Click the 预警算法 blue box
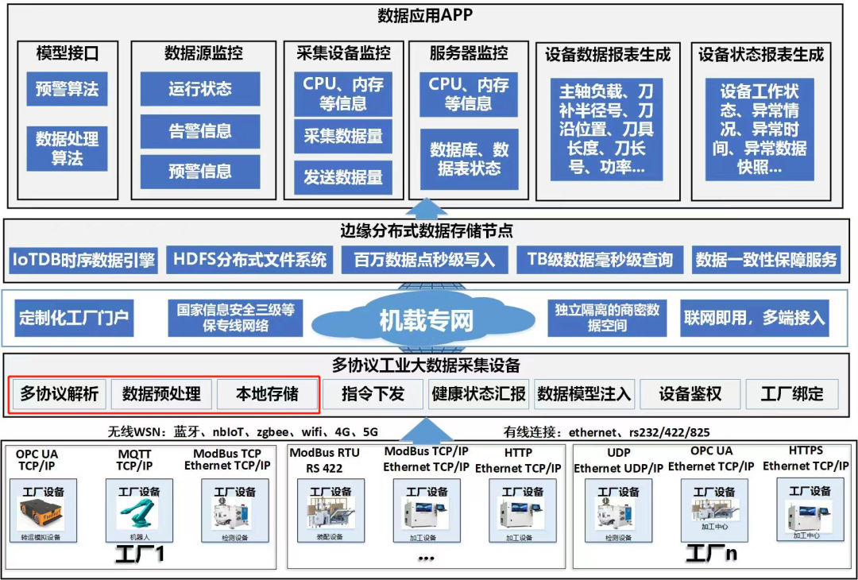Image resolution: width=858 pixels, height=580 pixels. click(x=67, y=89)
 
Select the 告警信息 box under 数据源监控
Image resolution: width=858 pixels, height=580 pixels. click(x=200, y=131)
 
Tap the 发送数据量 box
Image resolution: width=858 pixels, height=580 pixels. click(x=343, y=177)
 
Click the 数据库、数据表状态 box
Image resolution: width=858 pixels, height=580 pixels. click(x=469, y=159)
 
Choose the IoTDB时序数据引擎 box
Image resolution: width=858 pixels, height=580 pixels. click(x=83, y=259)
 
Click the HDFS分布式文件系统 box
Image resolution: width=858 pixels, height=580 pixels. click(x=250, y=259)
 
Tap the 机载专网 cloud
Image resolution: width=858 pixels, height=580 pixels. click(x=427, y=320)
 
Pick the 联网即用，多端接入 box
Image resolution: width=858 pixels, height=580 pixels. click(x=755, y=319)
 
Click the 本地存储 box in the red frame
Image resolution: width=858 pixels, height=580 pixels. click(x=268, y=393)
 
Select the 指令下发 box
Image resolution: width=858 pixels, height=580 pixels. click(x=373, y=393)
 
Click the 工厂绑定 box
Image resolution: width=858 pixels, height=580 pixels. click(x=792, y=393)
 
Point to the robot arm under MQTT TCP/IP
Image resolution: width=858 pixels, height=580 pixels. click(x=139, y=515)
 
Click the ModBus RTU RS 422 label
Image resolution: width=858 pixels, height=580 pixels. click(x=324, y=460)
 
